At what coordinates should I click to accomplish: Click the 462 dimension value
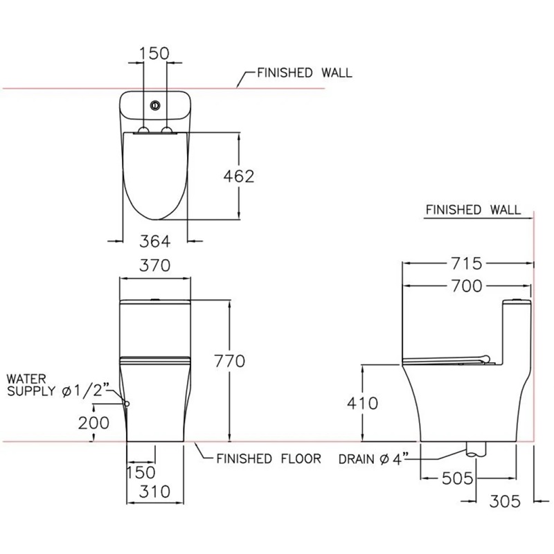tap(239, 177)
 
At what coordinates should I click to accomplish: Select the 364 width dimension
tap(154, 241)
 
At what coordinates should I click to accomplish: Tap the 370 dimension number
tap(154, 265)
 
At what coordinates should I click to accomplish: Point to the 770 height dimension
tap(230, 361)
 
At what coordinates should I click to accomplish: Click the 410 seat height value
tap(362, 403)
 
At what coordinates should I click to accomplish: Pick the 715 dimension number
tap(466, 263)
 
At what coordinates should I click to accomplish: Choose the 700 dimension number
tap(466, 286)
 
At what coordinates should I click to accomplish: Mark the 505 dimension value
tap(457, 479)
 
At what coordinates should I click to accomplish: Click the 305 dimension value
tap(505, 501)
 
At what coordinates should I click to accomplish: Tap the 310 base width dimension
tap(154, 492)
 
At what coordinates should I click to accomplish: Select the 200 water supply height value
tap(93, 423)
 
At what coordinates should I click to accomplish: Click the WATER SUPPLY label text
tap(31, 385)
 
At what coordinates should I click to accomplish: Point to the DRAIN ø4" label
tap(373, 459)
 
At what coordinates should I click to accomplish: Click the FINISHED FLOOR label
tap(269, 458)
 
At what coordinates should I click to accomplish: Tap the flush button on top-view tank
tap(155, 105)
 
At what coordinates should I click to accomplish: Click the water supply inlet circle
tap(127, 404)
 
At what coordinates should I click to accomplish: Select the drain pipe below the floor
tap(476, 448)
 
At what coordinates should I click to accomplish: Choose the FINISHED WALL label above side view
tap(473, 210)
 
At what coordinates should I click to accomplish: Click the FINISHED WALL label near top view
tap(305, 73)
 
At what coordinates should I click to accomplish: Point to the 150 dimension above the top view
tap(154, 53)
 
